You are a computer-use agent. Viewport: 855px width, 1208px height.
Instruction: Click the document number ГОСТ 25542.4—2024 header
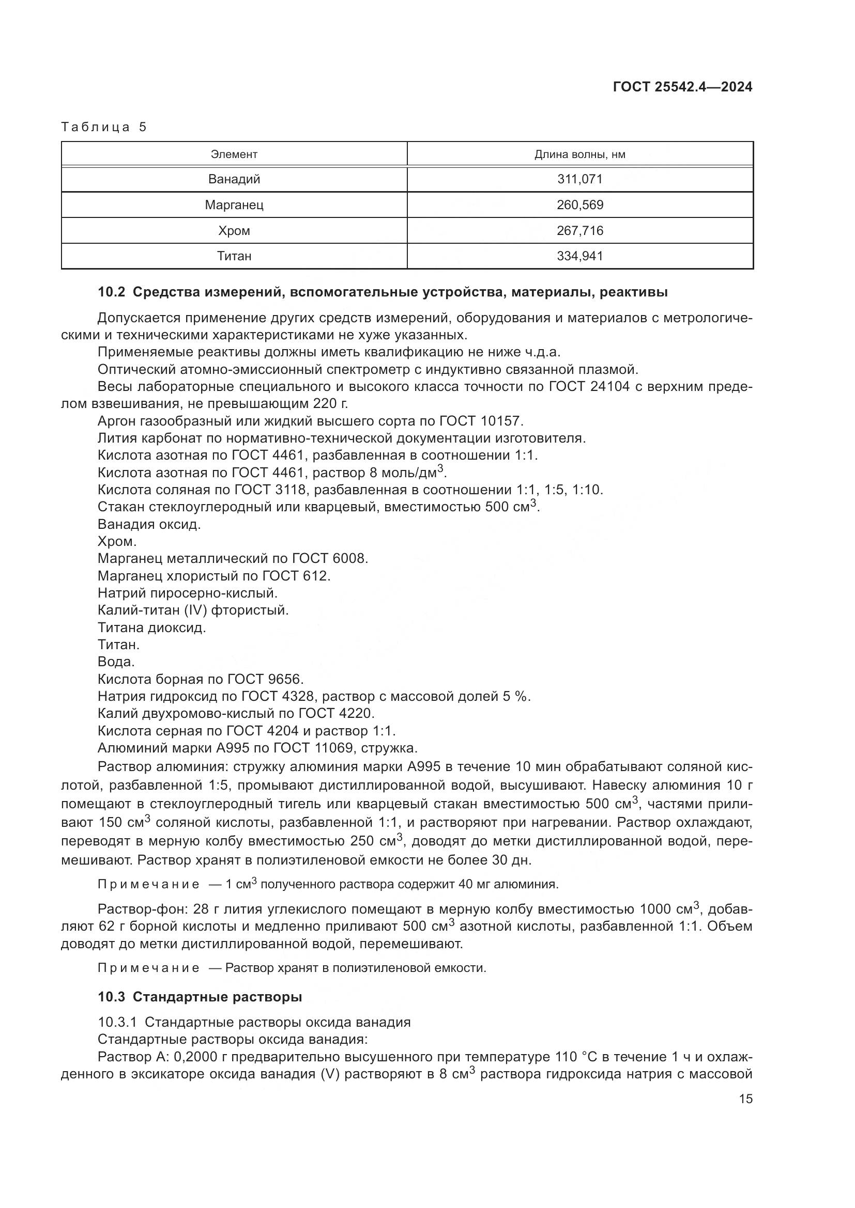pos(682,87)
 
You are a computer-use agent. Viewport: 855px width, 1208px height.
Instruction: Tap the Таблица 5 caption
pos(104,128)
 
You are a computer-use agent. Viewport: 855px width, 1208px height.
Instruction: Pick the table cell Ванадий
pos(234,179)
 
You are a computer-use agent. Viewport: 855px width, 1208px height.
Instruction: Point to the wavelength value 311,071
pos(579,179)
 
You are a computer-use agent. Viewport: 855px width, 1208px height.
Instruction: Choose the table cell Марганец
pos(234,205)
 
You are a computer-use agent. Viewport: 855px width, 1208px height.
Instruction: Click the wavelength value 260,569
pos(579,205)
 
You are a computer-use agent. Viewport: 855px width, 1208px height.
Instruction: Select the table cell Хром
pos(234,230)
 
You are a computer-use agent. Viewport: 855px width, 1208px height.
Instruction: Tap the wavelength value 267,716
pos(579,230)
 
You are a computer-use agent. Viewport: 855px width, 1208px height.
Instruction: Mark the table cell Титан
pos(234,256)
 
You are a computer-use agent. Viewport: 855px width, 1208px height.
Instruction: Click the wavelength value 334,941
pos(579,256)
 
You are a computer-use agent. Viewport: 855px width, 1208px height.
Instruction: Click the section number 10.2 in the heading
pos(111,292)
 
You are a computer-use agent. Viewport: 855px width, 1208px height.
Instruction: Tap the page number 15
pos(745,1099)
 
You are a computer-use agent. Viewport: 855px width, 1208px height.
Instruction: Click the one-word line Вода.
pos(116,662)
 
